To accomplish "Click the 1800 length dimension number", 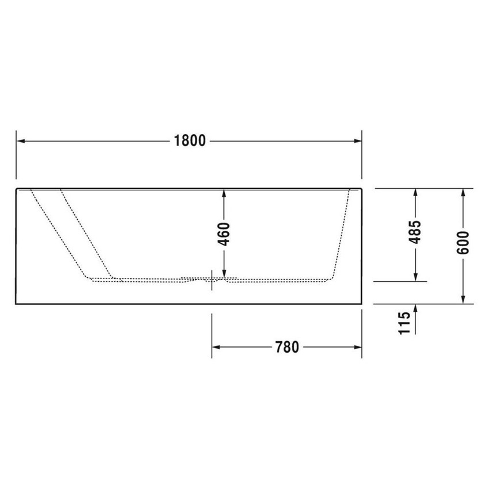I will (x=189, y=141).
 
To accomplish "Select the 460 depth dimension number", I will (x=224, y=234).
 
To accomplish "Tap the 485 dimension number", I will (x=416, y=234).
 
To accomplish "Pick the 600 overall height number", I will (x=464, y=242).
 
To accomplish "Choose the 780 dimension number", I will (x=286, y=347).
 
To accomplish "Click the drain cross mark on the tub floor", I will (x=212, y=279).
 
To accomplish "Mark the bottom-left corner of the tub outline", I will (x=16, y=303).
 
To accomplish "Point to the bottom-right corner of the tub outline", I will (x=361, y=303).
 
